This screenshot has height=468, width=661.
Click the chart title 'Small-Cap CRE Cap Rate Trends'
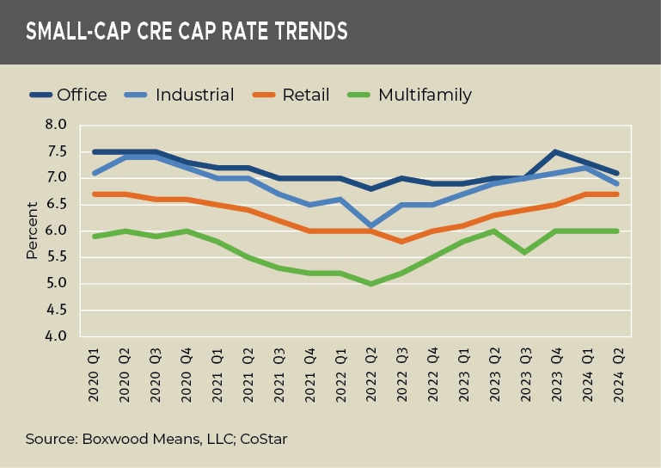point(187,32)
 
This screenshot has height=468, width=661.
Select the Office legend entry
point(82,95)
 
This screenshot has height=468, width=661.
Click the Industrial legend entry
point(194,95)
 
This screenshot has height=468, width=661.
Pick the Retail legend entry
point(305,95)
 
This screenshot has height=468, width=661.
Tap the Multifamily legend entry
point(425,95)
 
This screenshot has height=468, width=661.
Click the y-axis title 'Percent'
point(32,231)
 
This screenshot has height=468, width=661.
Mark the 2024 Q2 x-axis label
point(617,375)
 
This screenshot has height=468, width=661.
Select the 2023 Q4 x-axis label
point(555,375)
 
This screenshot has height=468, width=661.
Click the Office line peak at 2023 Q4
point(555,152)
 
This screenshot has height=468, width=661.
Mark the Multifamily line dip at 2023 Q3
point(524,252)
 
